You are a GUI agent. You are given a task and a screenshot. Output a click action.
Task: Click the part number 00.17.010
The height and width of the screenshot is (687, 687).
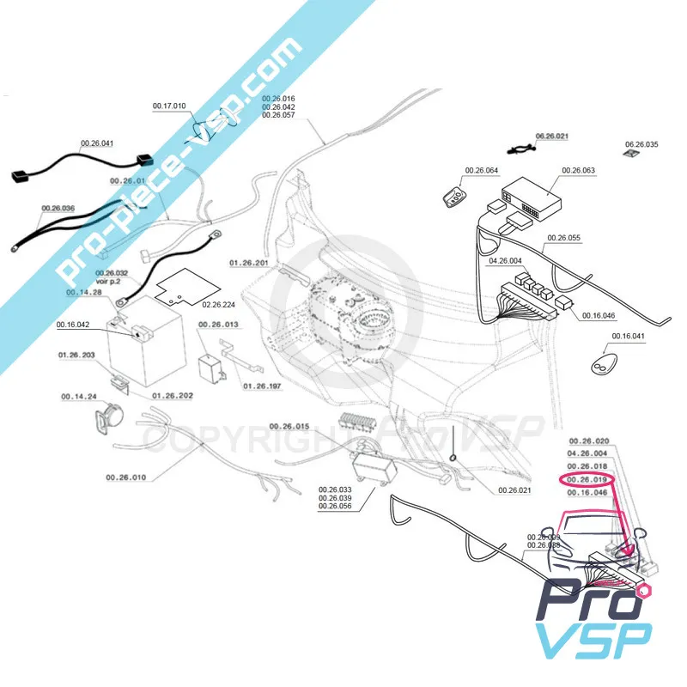pos(169,106)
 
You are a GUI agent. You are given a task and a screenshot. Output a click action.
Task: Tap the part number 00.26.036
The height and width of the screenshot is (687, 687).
pos(58,209)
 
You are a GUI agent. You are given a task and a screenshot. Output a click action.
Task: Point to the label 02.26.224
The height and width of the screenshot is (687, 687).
pos(219,304)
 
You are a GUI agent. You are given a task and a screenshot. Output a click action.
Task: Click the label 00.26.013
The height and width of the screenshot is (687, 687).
pos(219,325)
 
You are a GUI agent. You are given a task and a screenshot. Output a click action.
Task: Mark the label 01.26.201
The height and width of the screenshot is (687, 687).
pos(249,261)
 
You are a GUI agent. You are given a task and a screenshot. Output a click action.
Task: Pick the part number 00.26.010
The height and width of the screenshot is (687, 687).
pos(126,477)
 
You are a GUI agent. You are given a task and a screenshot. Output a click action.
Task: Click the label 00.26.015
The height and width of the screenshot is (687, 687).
pos(289,427)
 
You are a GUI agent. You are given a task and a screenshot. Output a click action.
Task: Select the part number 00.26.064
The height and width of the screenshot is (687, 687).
pos(481,170)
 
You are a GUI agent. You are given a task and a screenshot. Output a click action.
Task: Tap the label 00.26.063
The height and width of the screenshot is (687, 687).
pos(578,170)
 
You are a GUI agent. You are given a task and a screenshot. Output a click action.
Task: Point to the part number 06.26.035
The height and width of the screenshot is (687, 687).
pos(641,144)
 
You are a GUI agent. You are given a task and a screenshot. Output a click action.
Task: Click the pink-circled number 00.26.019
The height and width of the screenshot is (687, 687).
pos(588,479)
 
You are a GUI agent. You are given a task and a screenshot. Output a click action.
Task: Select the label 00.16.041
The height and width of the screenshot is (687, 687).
pos(628,336)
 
